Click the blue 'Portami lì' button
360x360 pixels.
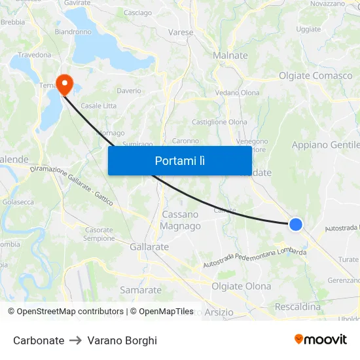tap(179, 160)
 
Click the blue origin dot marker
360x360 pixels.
tap(296, 225)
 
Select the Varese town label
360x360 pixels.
tap(181, 32)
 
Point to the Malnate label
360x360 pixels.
tap(230, 56)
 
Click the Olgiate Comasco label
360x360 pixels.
tap(315, 76)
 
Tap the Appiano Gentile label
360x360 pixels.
tap(326, 145)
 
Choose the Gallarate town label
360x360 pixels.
tap(149, 247)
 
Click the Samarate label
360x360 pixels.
tap(141, 290)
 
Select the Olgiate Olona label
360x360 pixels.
tap(241, 287)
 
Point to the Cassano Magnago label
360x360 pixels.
tap(181, 220)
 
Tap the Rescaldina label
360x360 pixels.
tap(298, 306)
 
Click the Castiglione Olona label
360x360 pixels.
tap(219, 122)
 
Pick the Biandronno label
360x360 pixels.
tap(73, 31)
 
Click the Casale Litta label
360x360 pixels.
tap(98, 106)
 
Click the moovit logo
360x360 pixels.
tap(321, 340)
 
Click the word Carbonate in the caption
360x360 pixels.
tap(39, 340)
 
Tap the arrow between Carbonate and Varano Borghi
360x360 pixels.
tap(76, 340)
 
